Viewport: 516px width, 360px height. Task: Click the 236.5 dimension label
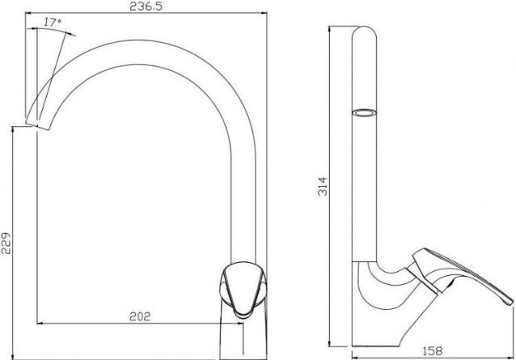click(146, 6)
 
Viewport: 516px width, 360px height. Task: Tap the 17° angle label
click(53, 23)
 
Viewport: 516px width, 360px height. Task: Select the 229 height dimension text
click(6, 244)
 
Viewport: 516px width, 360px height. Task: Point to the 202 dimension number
click(140, 316)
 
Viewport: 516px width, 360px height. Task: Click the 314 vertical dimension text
click(323, 187)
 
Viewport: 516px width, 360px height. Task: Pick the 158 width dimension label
click(432, 351)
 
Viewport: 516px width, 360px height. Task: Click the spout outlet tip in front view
click(38, 127)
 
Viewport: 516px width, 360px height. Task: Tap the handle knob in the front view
click(243, 290)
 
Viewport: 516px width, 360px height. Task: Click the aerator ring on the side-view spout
click(364, 113)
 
